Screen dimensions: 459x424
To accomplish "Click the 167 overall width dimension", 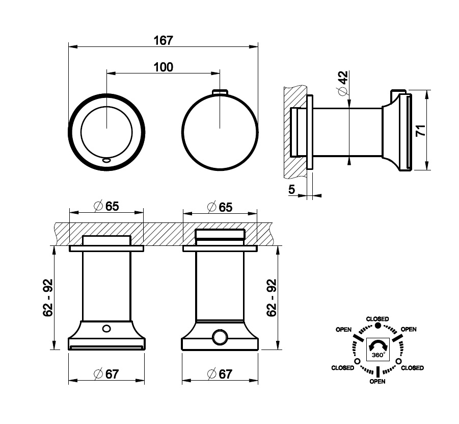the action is coord(164,40).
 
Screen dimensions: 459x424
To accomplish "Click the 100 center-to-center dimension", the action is coord(164,67).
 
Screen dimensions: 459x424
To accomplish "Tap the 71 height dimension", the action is coord(421,130).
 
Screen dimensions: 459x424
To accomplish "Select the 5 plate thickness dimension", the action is coord(291,189).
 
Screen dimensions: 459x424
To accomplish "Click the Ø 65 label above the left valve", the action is coord(106,206).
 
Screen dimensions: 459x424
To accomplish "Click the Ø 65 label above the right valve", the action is coord(220,207).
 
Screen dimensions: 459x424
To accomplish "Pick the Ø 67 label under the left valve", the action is coord(106,374).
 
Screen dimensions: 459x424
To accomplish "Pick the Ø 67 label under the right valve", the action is coord(220,374).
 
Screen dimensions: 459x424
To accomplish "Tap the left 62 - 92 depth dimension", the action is coord(48,297).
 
